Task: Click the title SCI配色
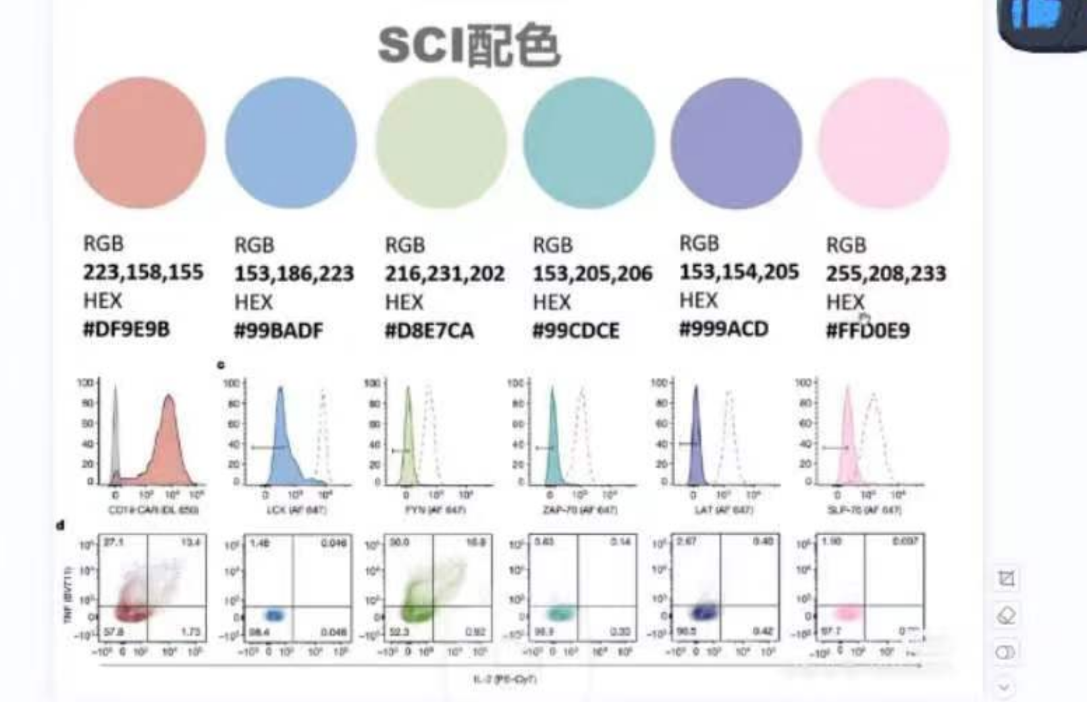(469, 46)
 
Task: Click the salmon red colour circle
(140, 142)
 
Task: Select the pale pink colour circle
(884, 142)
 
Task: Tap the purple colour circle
(736, 142)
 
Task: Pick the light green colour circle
(440, 142)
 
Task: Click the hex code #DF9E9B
(126, 329)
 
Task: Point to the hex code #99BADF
(278, 331)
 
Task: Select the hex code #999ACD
(723, 329)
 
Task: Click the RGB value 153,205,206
(592, 273)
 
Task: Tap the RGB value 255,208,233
(885, 273)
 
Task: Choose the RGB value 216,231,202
(444, 273)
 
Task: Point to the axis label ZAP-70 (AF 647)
(580, 510)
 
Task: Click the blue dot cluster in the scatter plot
(274, 615)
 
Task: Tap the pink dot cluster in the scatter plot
(848, 613)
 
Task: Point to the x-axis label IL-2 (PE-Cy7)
(505, 679)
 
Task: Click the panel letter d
(61, 524)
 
